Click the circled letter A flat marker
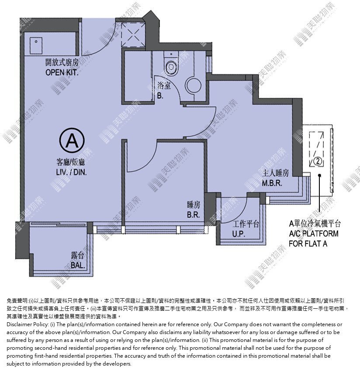click(72, 140)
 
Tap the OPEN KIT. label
click(62, 72)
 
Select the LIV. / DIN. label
click(71, 172)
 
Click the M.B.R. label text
click(272, 183)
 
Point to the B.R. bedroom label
click(193, 215)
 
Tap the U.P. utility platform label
click(239, 234)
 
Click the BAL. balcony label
click(78, 265)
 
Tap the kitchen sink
click(36, 45)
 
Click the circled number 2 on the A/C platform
click(318, 161)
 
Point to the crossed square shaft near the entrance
click(133, 35)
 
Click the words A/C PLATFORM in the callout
click(314, 234)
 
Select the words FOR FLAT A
click(308, 244)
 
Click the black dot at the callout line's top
click(320, 175)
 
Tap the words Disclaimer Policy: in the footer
click(26, 324)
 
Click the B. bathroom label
click(160, 96)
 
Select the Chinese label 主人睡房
click(276, 173)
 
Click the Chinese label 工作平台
click(246, 224)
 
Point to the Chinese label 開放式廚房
click(62, 63)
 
